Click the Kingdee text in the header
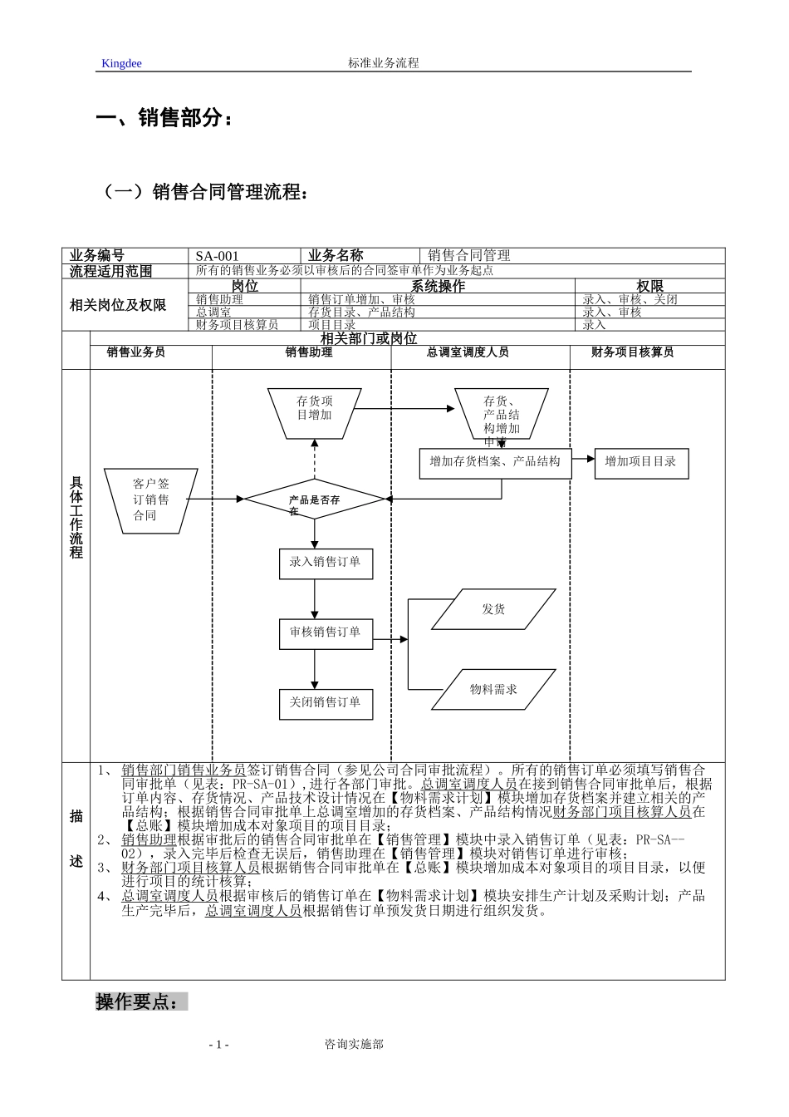(121, 63)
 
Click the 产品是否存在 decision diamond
(315, 499)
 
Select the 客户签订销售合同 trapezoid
(150, 499)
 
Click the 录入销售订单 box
(325, 563)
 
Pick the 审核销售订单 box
(325, 633)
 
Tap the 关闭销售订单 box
(325, 703)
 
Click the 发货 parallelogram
(493, 609)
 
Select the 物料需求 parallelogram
(493, 689)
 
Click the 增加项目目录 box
(640, 462)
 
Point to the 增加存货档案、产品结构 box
(495, 462)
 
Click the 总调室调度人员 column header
(468, 352)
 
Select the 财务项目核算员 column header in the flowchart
(633, 352)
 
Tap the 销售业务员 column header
(136, 352)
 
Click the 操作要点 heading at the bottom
(138, 1002)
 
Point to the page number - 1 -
(219, 1045)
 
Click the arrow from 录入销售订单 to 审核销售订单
(315, 598)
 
